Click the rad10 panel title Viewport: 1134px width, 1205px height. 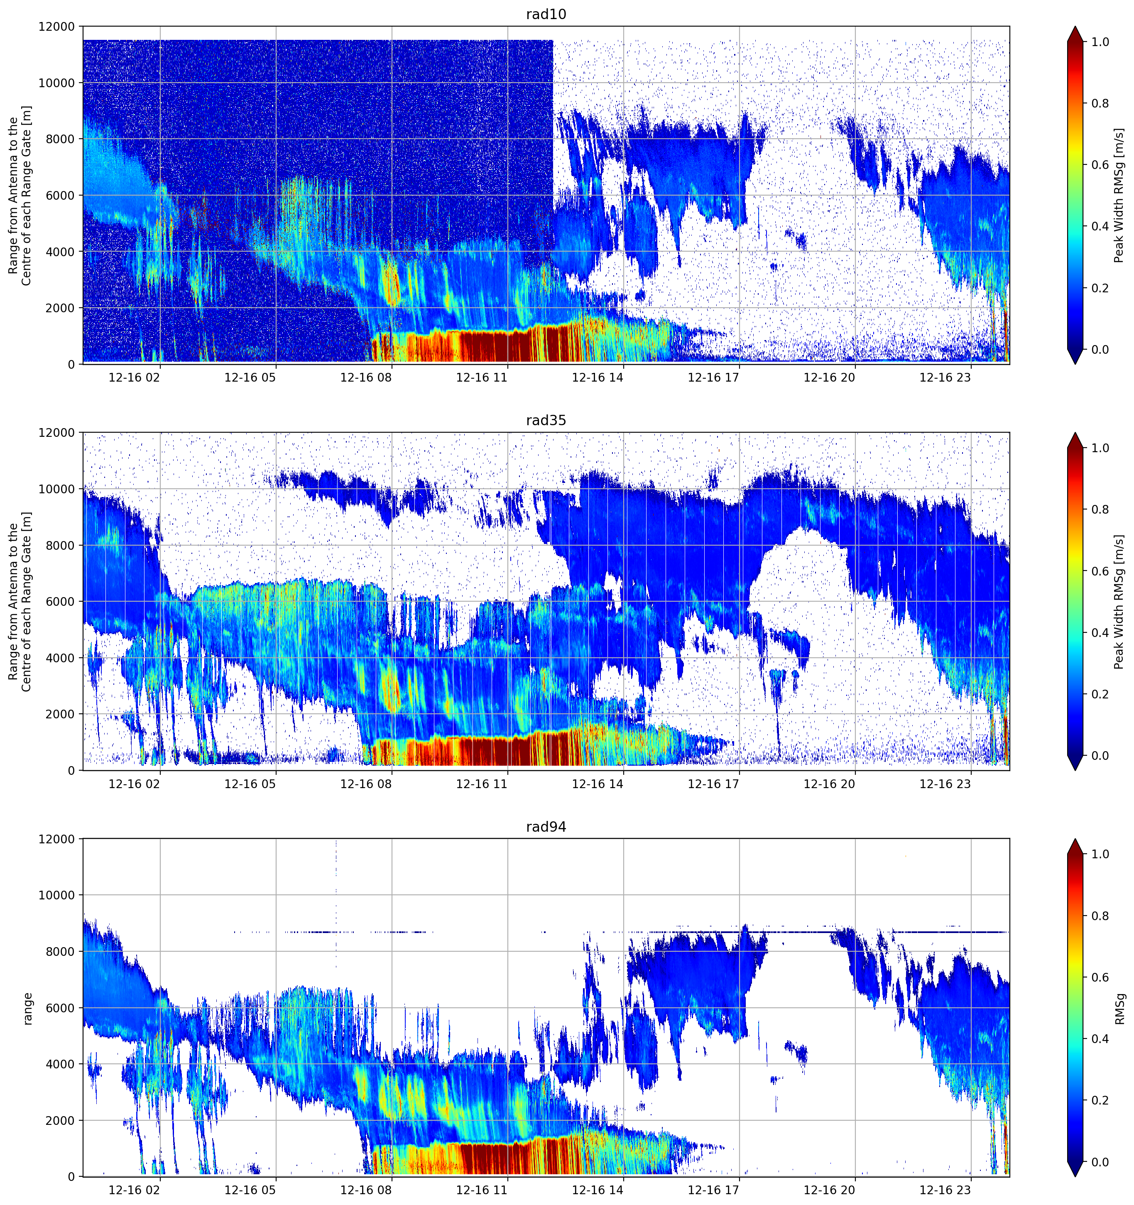click(x=546, y=14)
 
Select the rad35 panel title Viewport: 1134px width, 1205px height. click(x=546, y=420)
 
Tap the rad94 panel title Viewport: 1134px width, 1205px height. click(x=546, y=827)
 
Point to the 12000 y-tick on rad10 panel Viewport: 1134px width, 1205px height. click(x=56, y=27)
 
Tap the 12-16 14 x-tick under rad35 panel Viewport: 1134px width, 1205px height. click(x=598, y=784)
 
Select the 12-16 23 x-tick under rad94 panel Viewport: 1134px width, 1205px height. click(x=945, y=1190)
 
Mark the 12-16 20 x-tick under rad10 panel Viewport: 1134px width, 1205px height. click(x=829, y=377)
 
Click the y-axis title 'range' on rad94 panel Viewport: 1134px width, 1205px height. click(x=28, y=1008)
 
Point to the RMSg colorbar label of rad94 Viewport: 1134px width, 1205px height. click(x=1119, y=1008)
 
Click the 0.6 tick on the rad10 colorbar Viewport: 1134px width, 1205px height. click(x=1100, y=165)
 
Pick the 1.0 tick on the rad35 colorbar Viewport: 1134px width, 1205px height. click(x=1100, y=448)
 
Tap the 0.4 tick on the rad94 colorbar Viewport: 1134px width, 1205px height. click(x=1100, y=1039)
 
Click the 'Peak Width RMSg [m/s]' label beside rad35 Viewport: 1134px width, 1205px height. click(x=1119, y=601)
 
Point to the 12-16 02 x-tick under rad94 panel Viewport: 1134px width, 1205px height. click(x=135, y=1190)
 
